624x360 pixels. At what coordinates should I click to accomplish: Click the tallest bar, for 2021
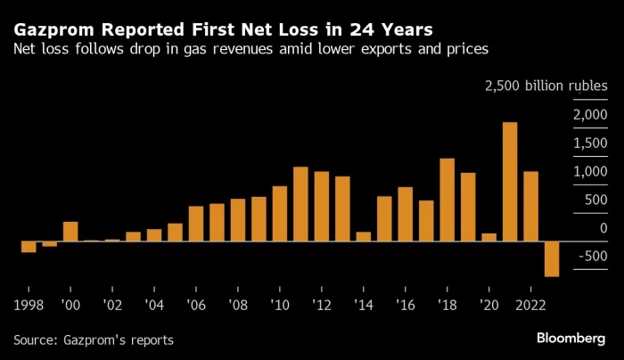(x=510, y=182)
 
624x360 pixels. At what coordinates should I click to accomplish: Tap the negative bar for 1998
(x=29, y=247)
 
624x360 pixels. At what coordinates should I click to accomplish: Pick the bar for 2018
(x=447, y=200)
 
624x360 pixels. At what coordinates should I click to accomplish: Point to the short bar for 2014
(x=364, y=236)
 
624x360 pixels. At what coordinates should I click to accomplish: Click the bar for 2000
(x=70, y=231)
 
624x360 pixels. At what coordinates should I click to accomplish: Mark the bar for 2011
(x=300, y=204)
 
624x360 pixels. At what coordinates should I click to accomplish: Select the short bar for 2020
(x=489, y=237)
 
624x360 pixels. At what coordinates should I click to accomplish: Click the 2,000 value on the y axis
(x=590, y=114)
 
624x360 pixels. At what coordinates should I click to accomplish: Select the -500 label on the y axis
(x=592, y=257)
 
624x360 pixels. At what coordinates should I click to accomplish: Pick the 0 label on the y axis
(x=603, y=228)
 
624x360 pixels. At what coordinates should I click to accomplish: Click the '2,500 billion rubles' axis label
(x=546, y=86)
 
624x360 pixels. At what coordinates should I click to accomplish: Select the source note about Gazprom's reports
(x=94, y=340)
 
